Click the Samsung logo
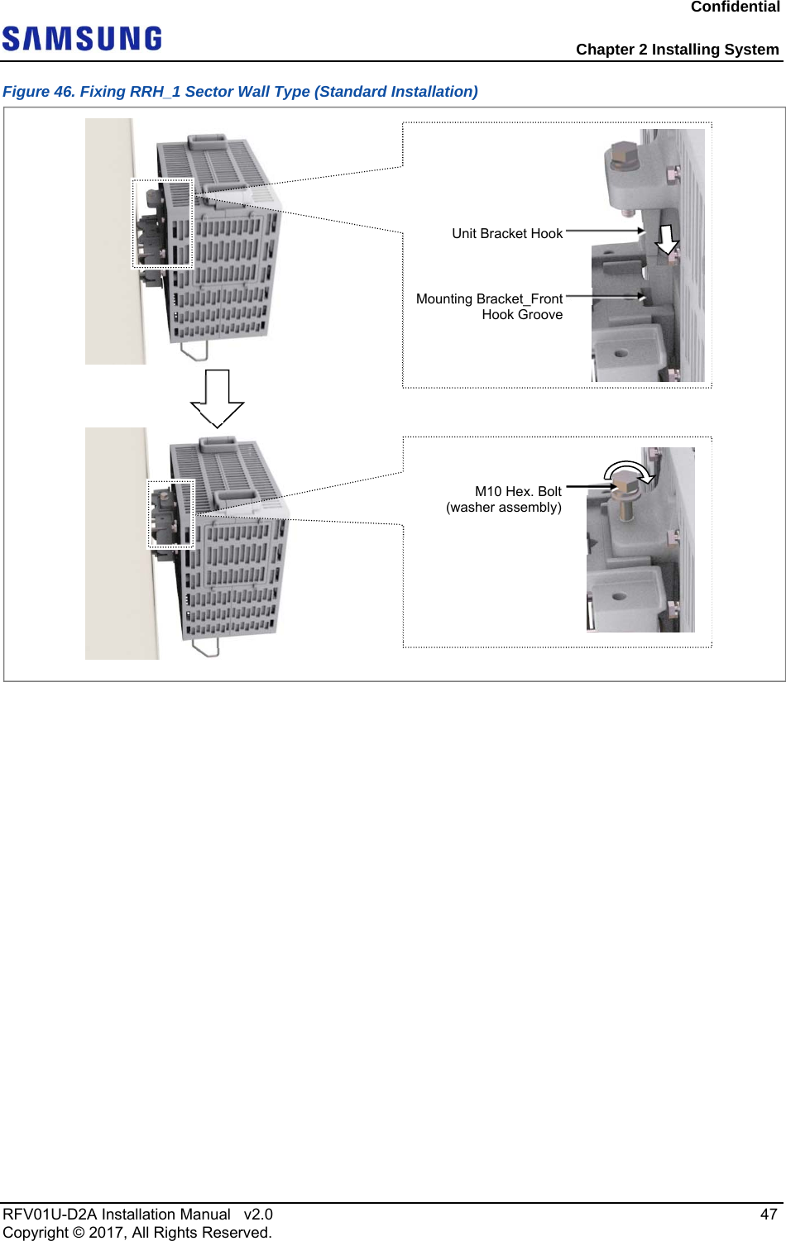click(x=82, y=39)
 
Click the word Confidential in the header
click(x=735, y=7)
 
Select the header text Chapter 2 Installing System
click(x=677, y=50)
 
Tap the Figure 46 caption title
click(x=240, y=92)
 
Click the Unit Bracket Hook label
click(x=506, y=234)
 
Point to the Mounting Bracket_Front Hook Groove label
click(x=489, y=307)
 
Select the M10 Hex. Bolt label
click(x=518, y=492)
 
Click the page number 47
click(x=769, y=1214)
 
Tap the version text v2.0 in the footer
click(x=258, y=1215)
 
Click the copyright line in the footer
click(x=137, y=1233)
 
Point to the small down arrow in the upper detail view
click(x=667, y=239)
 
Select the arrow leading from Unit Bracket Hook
click(x=605, y=231)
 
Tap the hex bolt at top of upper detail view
click(x=622, y=155)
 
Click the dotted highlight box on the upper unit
click(x=163, y=223)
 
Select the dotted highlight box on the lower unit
click(x=171, y=514)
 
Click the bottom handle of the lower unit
click(x=206, y=646)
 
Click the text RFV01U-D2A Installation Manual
click(x=117, y=1215)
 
